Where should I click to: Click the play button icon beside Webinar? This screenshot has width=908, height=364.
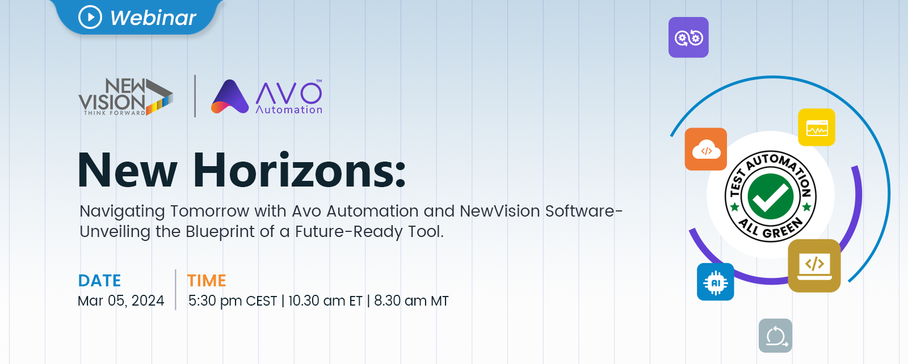pos(90,17)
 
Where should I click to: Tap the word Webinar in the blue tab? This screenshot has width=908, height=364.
pos(153,18)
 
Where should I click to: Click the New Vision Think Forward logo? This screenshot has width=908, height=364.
pos(125,97)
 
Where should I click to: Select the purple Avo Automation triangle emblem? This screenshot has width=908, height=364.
pos(230,96)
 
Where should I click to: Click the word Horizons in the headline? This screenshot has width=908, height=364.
pos(299,170)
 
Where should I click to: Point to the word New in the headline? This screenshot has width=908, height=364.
pos(127,170)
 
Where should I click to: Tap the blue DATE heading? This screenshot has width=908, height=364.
pos(99,281)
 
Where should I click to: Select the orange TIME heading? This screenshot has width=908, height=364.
pos(207,281)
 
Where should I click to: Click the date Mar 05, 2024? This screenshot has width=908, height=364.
pos(121,301)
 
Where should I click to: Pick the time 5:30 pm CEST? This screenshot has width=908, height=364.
pos(233,301)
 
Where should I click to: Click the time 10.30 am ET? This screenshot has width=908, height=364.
pos(325,301)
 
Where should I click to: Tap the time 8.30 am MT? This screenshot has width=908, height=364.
pos(411,301)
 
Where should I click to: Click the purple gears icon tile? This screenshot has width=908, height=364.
pos(688,37)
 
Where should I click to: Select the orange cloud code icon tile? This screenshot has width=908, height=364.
pos(706,149)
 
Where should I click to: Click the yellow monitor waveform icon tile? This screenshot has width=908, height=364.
pos(817,127)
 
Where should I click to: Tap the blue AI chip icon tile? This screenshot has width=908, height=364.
pos(716,282)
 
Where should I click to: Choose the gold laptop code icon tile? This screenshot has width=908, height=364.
pos(814,265)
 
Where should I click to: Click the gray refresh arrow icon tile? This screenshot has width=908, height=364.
pos(775,336)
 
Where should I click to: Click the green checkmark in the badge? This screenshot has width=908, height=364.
pos(770,196)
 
